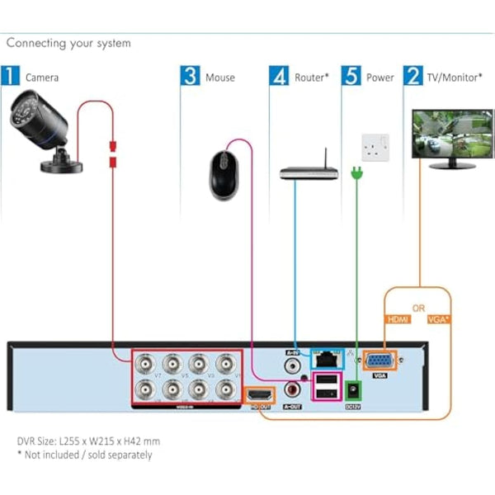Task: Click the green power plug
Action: click(x=358, y=174)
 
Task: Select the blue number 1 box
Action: click(x=11, y=77)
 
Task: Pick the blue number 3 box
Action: click(x=191, y=77)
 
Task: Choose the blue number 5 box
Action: click(x=352, y=77)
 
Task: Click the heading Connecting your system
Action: click(x=68, y=43)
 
